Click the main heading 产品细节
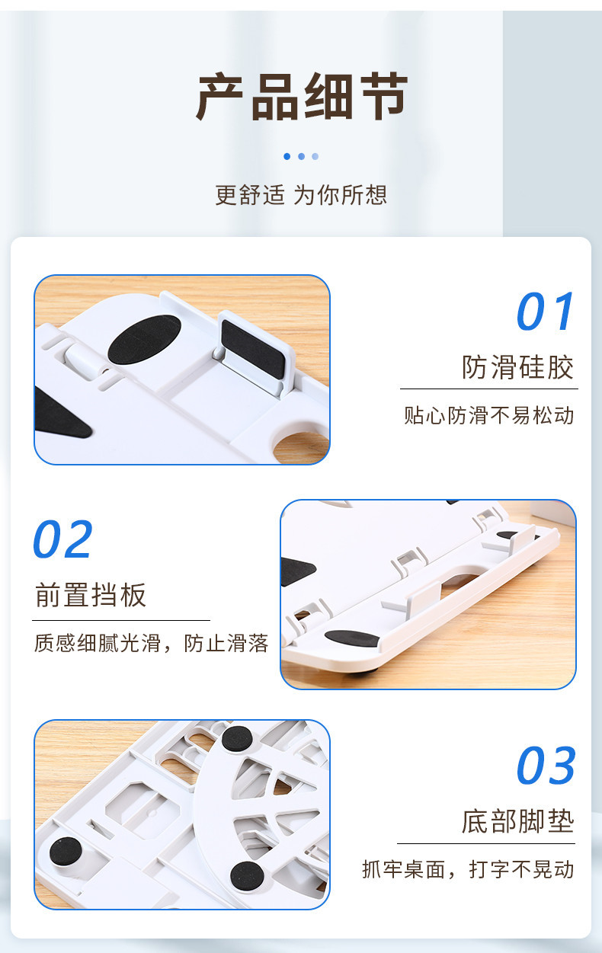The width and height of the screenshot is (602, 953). [x=303, y=98]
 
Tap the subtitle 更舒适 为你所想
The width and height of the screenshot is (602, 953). [x=301, y=195]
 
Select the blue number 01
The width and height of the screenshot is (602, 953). [x=546, y=312]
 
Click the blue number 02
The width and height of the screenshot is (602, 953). [x=63, y=540]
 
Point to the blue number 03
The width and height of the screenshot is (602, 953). [x=546, y=766]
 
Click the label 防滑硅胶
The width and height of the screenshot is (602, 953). [x=517, y=368]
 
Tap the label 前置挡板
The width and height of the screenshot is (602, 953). [x=91, y=595]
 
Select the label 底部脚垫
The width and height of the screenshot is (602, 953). [x=517, y=822]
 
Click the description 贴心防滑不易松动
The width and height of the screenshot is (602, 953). [x=489, y=416]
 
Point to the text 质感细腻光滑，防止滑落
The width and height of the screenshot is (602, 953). [x=152, y=644]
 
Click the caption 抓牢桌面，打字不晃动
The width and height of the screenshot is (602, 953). [x=468, y=869]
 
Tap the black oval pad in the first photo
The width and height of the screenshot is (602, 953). [x=144, y=340]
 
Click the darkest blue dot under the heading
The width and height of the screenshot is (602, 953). [x=287, y=156]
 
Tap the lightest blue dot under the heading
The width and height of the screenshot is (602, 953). [x=315, y=156]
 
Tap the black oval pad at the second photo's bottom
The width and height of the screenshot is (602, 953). [x=351, y=638]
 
